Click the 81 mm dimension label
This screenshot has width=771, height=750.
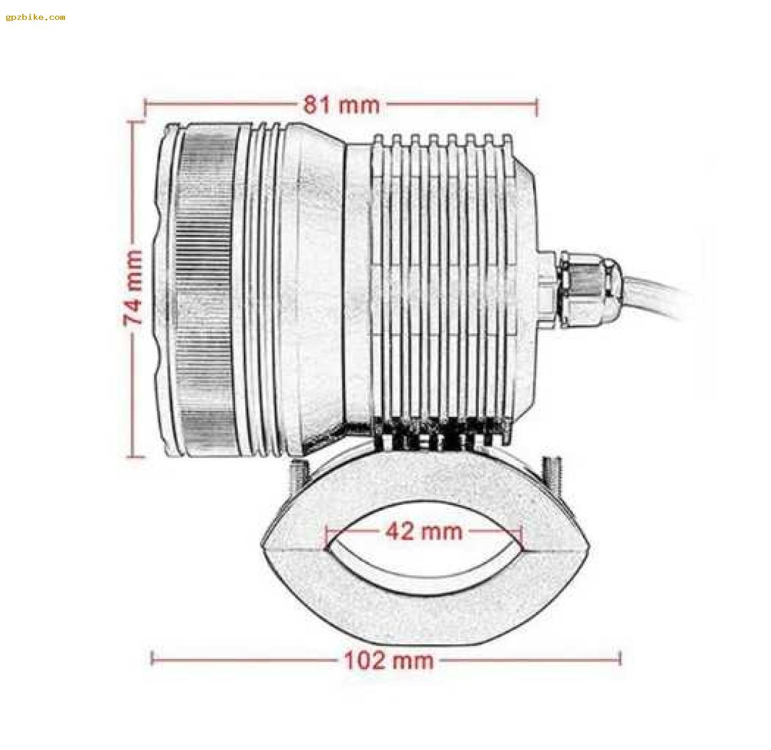click(x=341, y=105)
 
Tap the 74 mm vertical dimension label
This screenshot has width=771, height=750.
click(x=134, y=288)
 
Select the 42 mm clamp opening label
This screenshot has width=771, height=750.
click(x=424, y=531)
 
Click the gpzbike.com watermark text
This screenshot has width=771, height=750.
click(x=36, y=17)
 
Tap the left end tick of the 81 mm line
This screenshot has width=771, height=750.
click(x=145, y=106)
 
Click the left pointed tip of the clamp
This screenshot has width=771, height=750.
click(x=263, y=545)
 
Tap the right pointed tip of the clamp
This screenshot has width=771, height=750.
click(x=588, y=545)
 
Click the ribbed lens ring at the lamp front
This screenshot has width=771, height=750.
click(x=205, y=289)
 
